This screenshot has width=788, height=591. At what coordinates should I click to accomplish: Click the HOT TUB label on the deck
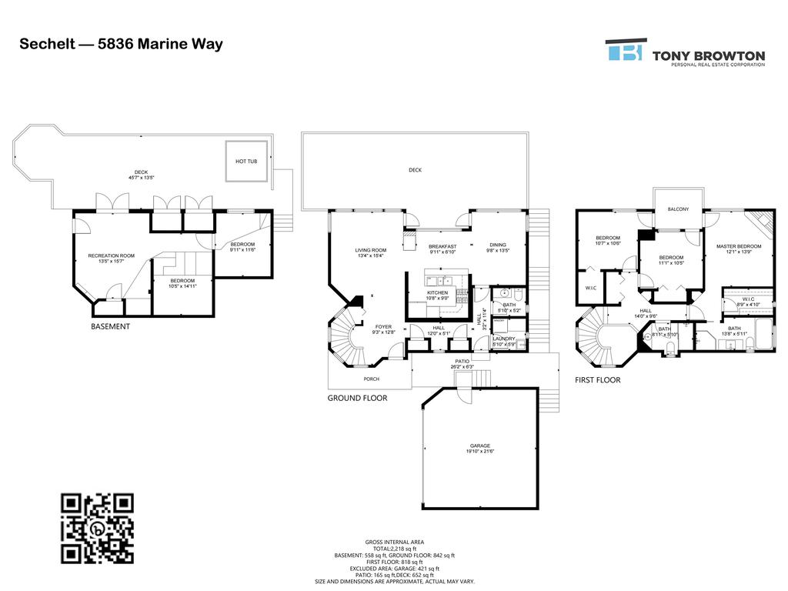(x=246, y=162)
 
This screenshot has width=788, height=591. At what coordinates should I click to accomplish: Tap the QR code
(x=97, y=529)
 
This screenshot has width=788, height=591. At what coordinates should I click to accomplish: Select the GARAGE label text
(x=480, y=446)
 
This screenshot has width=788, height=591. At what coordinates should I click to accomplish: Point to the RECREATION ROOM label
(x=112, y=255)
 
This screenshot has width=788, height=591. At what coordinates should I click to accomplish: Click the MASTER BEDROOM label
(x=739, y=246)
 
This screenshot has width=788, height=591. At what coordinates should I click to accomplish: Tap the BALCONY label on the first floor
(x=678, y=209)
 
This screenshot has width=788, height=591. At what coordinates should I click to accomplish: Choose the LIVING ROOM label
(x=370, y=250)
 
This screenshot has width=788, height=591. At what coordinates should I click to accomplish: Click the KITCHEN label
(x=438, y=293)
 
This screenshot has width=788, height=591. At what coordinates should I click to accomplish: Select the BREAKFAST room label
(x=442, y=246)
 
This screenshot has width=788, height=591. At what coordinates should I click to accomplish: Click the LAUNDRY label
(x=504, y=339)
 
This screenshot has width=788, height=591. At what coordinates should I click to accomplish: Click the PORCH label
(x=372, y=379)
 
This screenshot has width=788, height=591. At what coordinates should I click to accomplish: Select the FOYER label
(x=383, y=327)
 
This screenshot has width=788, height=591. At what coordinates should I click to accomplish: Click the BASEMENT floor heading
(x=111, y=326)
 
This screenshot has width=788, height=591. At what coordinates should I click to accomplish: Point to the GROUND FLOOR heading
(x=357, y=398)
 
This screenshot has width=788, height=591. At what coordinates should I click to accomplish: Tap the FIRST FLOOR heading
(x=597, y=380)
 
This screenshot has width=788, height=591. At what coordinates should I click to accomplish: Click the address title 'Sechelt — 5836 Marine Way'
(x=121, y=44)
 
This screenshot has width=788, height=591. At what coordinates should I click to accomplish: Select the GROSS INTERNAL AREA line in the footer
(x=394, y=542)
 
